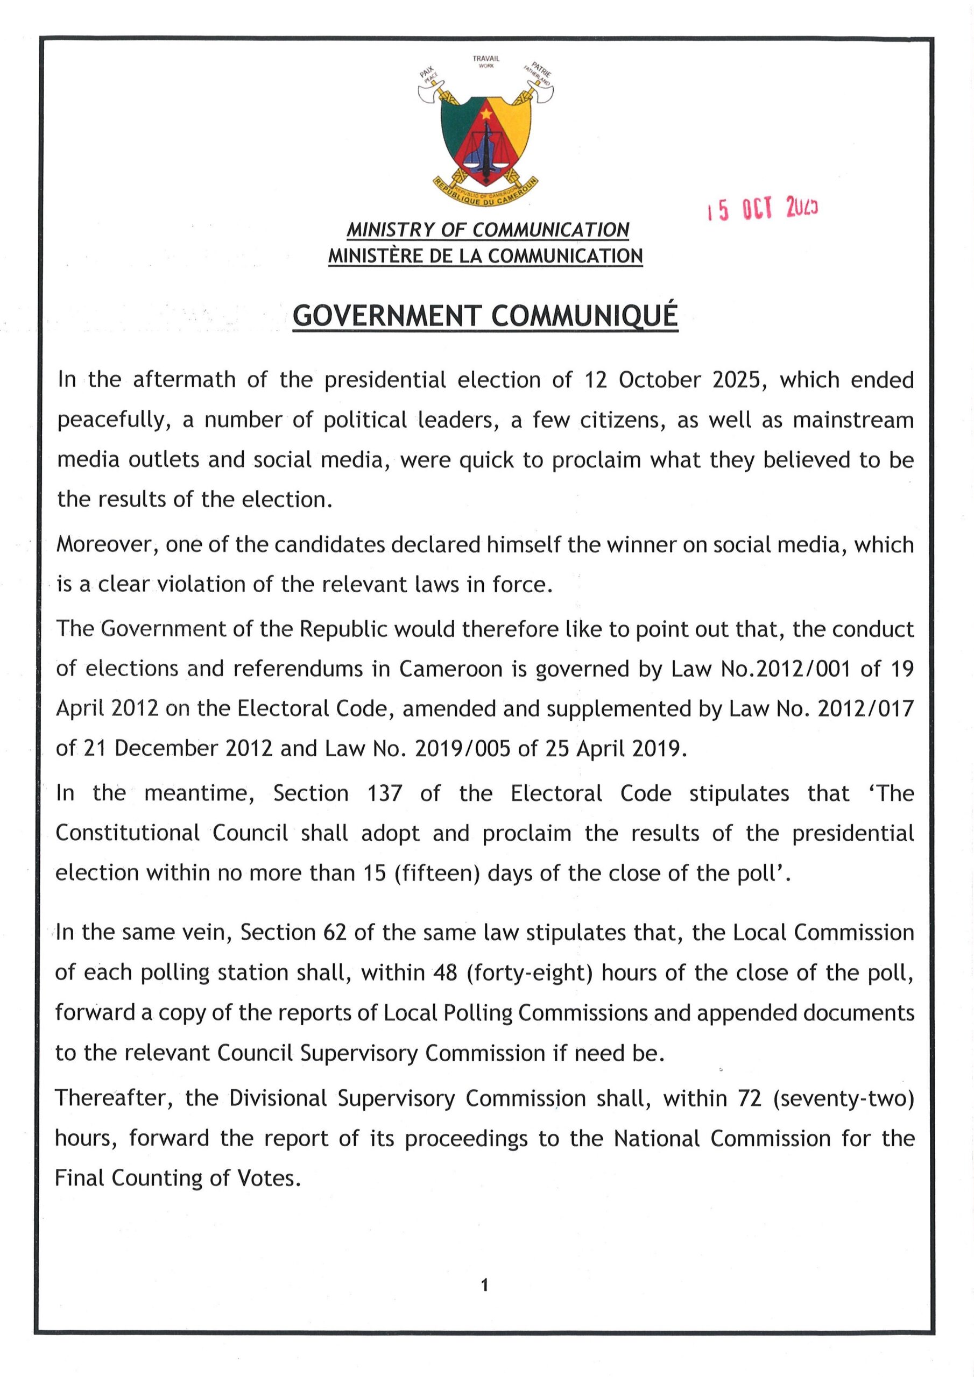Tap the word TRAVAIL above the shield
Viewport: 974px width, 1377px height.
485,58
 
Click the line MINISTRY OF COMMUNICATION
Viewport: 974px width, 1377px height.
488,230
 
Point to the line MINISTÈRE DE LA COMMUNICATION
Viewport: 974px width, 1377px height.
485,256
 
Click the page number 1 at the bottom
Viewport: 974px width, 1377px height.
485,1284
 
